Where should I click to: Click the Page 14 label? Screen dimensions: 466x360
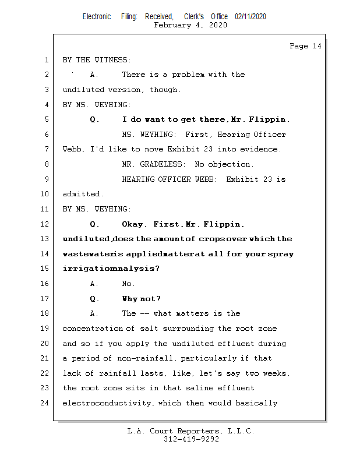click(x=305, y=46)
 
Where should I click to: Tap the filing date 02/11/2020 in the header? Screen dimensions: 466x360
click(x=250, y=17)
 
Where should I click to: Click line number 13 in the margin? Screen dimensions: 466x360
click(x=46, y=239)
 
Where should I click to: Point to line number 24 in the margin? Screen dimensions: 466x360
click(x=46, y=403)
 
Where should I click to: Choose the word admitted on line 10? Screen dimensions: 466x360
click(x=82, y=194)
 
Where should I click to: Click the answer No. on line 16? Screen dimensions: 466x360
click(x=128, y=284)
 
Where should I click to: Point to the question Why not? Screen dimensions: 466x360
click(x=142, y=299)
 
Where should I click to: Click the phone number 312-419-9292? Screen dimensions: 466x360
click(x=191, y=439)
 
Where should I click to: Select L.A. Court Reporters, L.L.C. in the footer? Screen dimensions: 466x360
click(x=190, y=431)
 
